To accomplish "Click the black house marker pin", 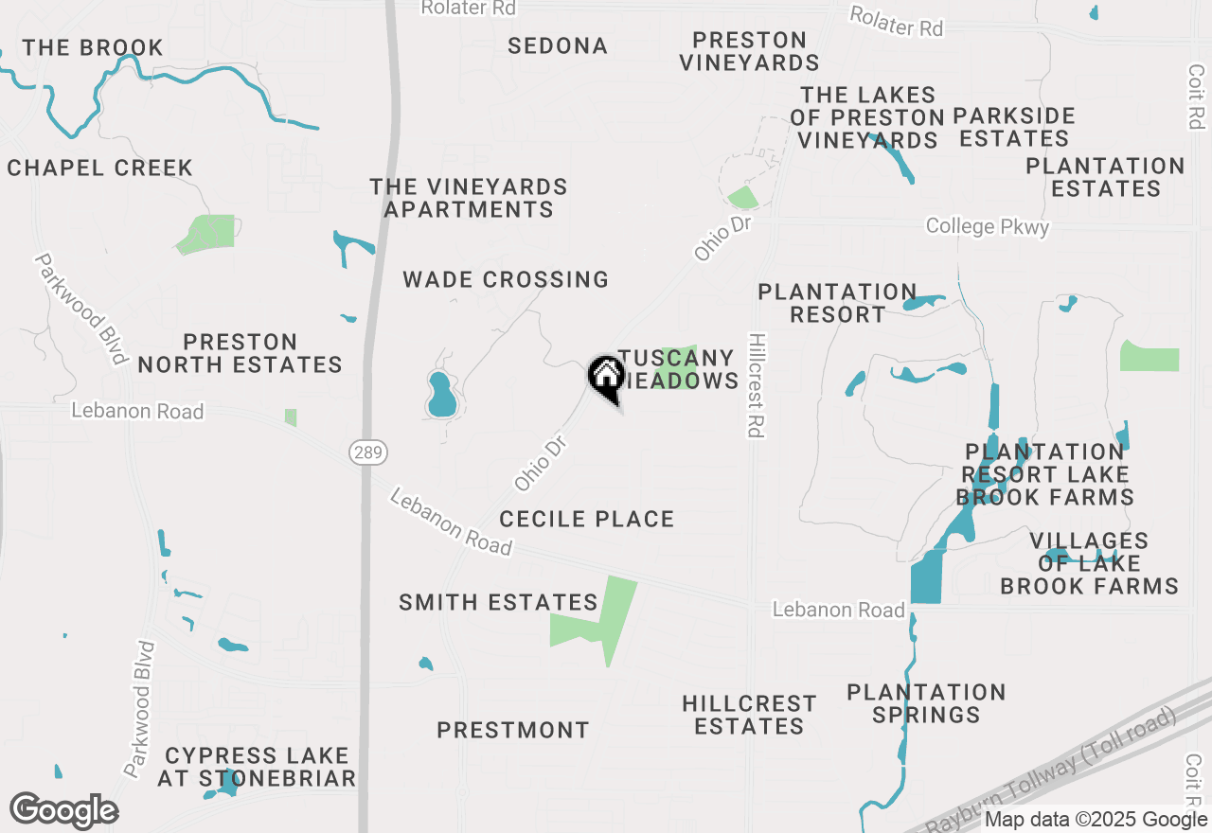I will (606, 378).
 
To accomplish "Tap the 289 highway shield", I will (368, 453).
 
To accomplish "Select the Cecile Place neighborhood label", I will (586, 519).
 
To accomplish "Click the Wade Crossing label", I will (506, 279).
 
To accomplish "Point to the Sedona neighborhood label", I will (557, 45).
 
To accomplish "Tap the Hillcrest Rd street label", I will (755, 384).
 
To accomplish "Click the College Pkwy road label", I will (987, 226).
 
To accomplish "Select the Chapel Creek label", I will (99, 168).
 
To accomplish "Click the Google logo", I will (63, 810).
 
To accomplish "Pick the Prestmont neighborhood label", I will (512, 730).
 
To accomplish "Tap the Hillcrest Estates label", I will (749, 715).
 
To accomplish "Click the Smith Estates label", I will (498, 602).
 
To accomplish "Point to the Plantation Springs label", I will (926, 703).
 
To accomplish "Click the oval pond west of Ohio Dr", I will (441, 397).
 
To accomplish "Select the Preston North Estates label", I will (240, 353).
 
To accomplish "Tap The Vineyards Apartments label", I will (469, 198).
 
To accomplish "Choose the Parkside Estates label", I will (1013, 127).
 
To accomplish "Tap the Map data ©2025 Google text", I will (1096, 820).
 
